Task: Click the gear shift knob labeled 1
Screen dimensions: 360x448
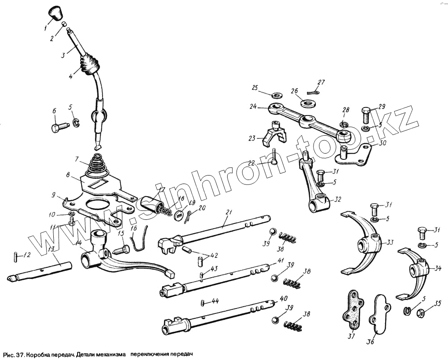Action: coord(55,13)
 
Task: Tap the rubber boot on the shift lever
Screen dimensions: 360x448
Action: coord(90,64)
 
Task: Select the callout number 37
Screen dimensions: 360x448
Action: coord(351,337)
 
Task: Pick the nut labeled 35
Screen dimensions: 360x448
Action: coord(421,312)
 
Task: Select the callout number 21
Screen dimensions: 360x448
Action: coord(228,212)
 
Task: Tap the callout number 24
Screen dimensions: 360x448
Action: coord(254,107)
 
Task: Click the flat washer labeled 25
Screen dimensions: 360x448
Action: coord(274,95)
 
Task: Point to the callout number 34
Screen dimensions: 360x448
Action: coord(438,268)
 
